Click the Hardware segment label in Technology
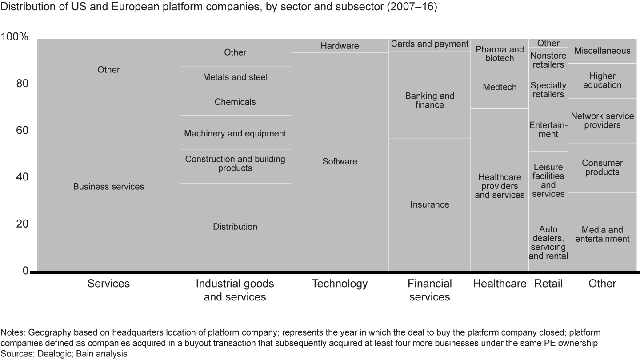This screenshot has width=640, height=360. point(340,46)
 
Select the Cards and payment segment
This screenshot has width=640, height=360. point(429,44)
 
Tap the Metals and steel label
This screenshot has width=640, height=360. point(235,77)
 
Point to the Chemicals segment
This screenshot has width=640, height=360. point(235,102)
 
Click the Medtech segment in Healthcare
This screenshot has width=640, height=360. point(500,87)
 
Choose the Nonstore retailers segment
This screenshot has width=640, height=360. point(548,60)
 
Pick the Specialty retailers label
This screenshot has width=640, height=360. point(548,90)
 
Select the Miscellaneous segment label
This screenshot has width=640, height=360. point(602,51)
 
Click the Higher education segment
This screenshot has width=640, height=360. point(602,80)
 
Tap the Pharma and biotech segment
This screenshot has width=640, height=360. point(500,54)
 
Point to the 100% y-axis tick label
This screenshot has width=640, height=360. point(15,37)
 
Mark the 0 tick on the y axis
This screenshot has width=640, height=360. point(25,271)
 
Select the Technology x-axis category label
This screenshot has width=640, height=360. point(340,284)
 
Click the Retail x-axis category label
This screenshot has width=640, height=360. point(548,284)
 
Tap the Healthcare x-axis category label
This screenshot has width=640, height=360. point(500,284)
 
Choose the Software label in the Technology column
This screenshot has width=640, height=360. point(340,161)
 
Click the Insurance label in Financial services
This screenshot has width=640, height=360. point(429,204)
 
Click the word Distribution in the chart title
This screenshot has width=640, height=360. point(22,8)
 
